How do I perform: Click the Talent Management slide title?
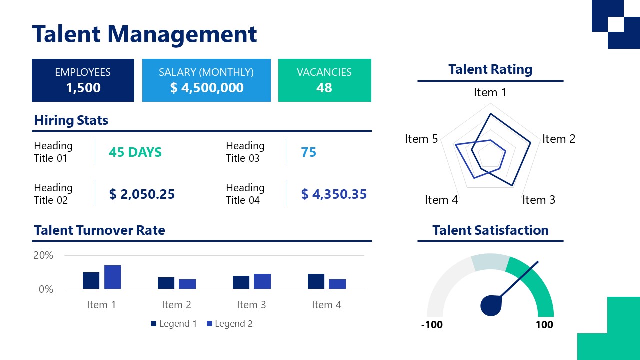pos(144,34)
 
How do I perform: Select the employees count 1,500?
pos(83,88)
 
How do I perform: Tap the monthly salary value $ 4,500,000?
pos(207,88)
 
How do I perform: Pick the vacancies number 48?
pos(324,88)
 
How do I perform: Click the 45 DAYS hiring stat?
pos(135,152)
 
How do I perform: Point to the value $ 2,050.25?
pos(142,194)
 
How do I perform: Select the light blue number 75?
pos(309,152)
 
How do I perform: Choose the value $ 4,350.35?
pos(334,194)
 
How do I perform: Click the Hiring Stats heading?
pos(71,120)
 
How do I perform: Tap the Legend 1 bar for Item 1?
pos(91,280)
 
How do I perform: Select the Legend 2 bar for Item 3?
pos(262,281)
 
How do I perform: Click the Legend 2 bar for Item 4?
pos(337,284)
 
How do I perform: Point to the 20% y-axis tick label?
pos(43,255)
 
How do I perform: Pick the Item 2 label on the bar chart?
pos(176,305)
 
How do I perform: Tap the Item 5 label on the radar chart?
pos(421,139)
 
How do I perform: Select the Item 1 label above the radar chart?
pos(490,92)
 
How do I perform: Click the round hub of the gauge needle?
pos(491,306)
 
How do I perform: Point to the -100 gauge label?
pos(432,325)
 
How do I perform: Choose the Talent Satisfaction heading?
pos(490,230)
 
